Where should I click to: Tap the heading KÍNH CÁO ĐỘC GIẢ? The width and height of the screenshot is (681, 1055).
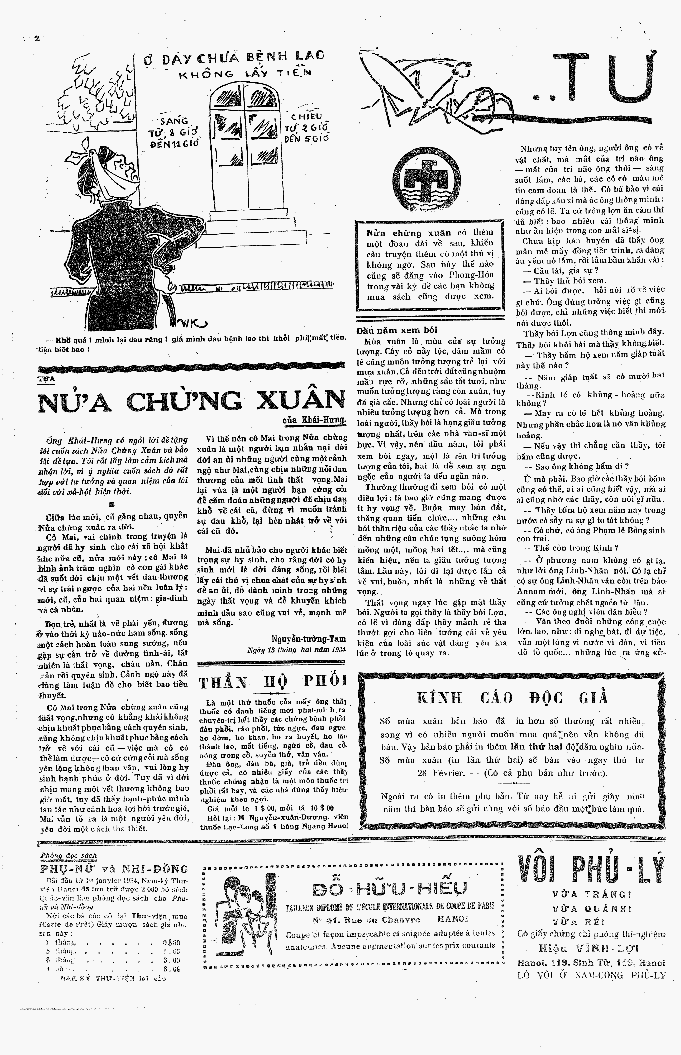[513, 698]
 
